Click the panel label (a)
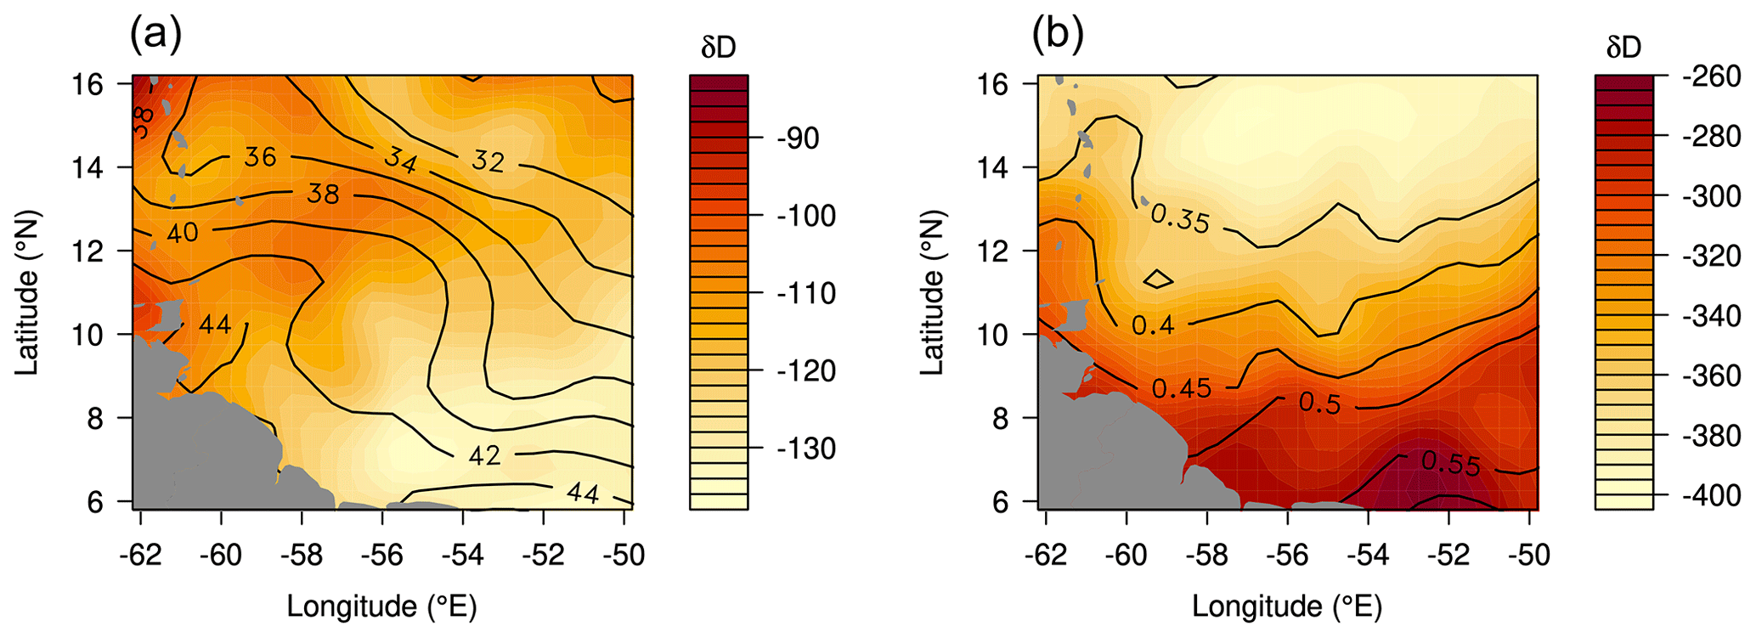155,36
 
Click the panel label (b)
1058,36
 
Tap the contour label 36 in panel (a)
260,156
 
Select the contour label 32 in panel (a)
488,161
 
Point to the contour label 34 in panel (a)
400,159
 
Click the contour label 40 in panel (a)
182,232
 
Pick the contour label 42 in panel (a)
484,456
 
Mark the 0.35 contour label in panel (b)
1180,218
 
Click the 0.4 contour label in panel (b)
1153,325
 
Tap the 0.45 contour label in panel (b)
1182,388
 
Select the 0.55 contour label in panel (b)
1450,463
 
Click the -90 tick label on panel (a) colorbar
798,138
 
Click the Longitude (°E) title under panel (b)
1286,607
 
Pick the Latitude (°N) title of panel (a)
28,293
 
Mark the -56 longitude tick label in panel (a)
381,555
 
